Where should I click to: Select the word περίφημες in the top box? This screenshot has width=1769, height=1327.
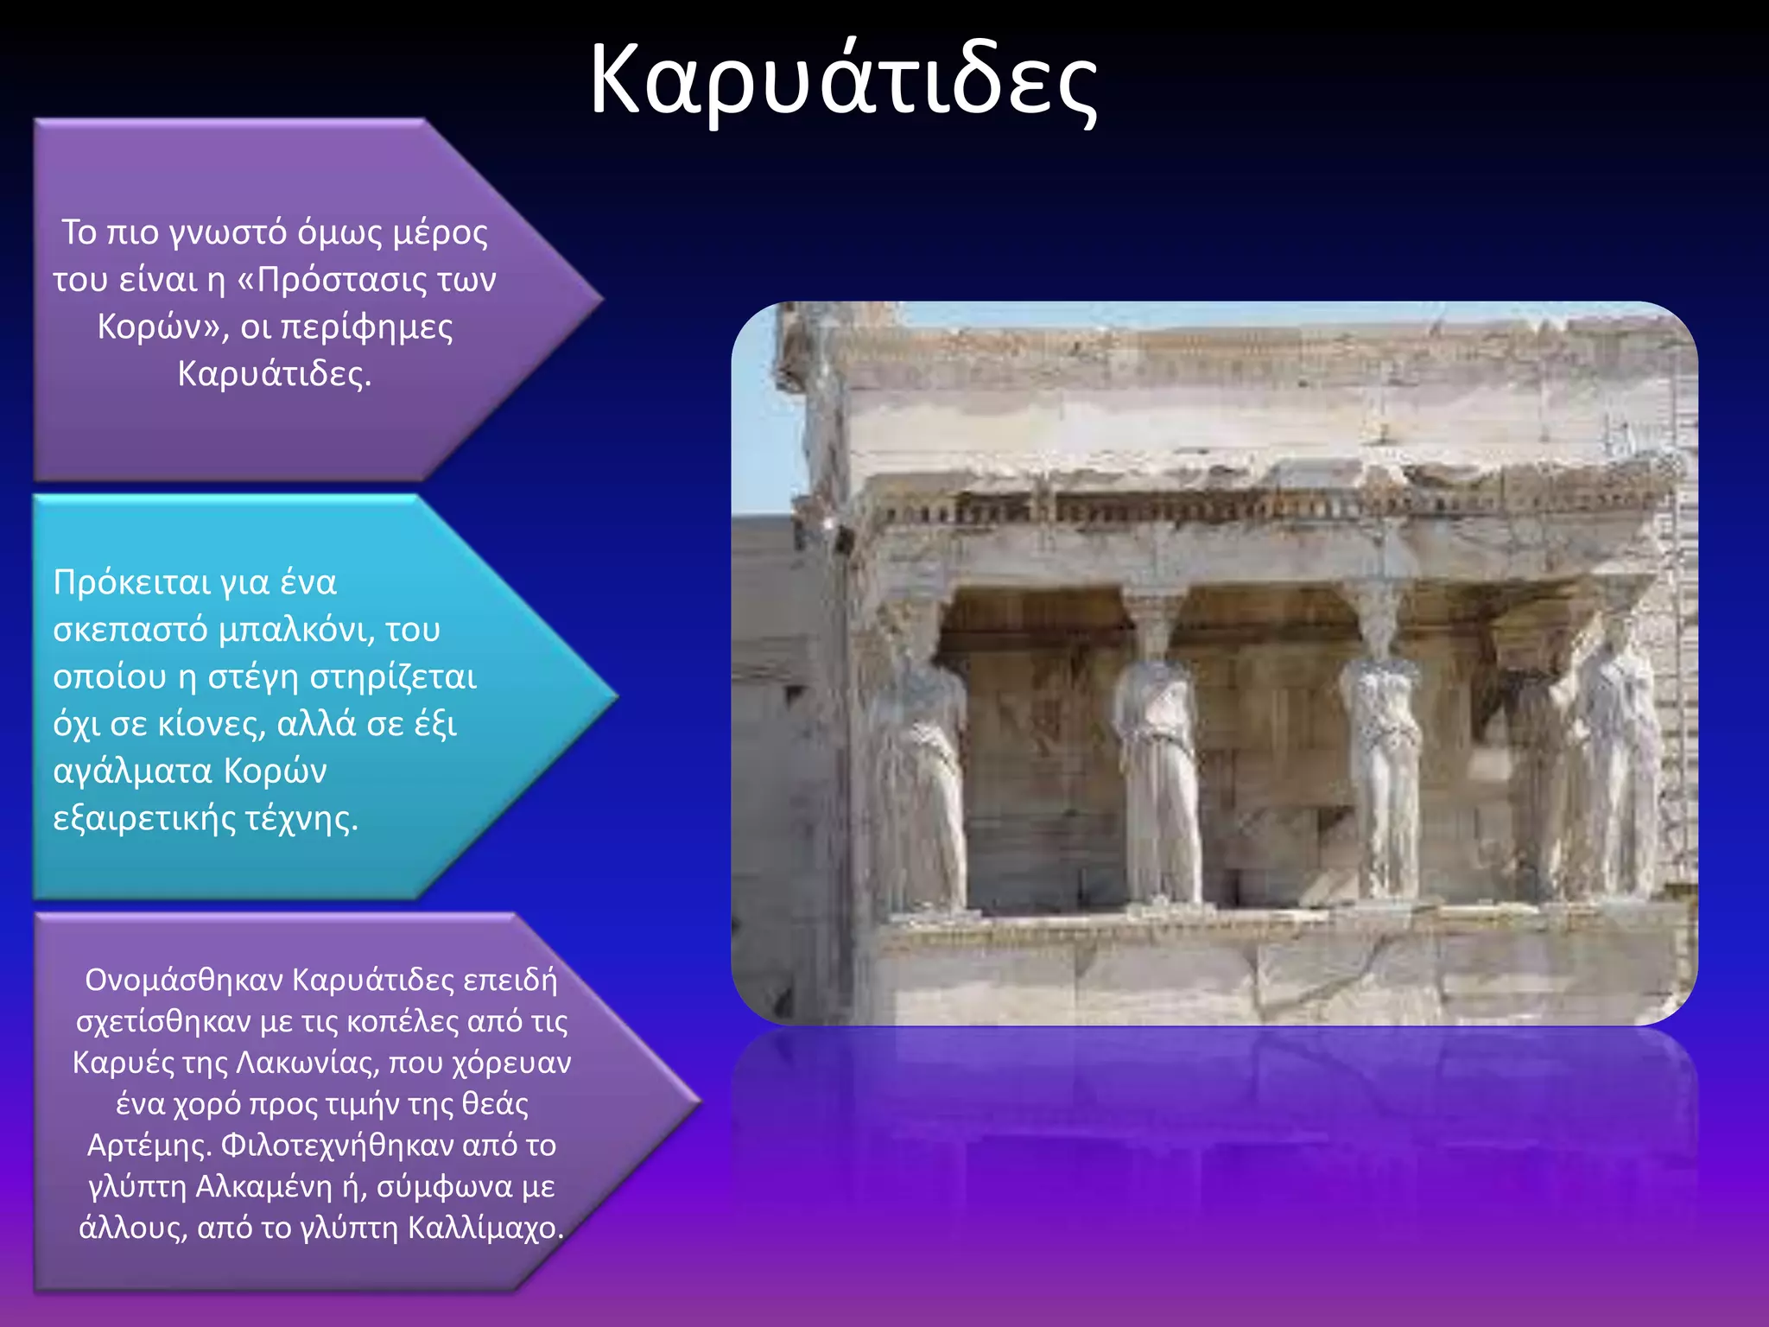coord(367,327)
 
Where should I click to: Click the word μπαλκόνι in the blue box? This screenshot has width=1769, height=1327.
coord(296,630)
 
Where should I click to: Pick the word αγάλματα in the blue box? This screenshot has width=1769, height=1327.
coord(132,771)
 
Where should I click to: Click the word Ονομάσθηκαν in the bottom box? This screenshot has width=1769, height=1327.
coord(185,981)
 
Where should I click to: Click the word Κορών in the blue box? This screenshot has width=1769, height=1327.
coord(276,771)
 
